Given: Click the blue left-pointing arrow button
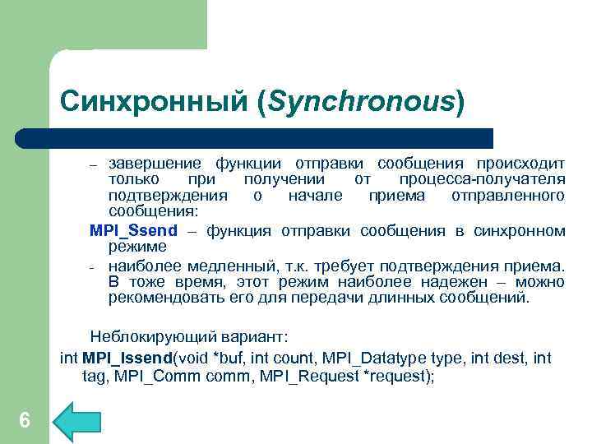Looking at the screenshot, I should pyautogui.click(x=76, y=421).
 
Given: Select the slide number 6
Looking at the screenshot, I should pyautogui.click(x=24, y=421).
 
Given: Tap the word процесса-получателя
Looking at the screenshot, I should pyautogui.click(x=482, y=178).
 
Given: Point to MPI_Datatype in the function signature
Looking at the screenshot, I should pyautogui.click(x=361, y=358).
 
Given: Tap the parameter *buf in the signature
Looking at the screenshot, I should pyautogui.click(x=223, y=358).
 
